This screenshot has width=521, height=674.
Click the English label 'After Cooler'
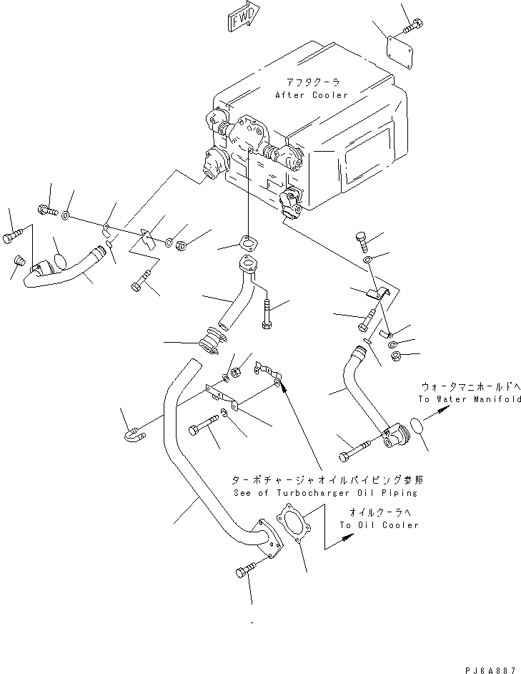pos(312,95)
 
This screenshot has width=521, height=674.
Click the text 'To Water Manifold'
pos(470,399)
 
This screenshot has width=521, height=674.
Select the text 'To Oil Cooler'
pos(379,524)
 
